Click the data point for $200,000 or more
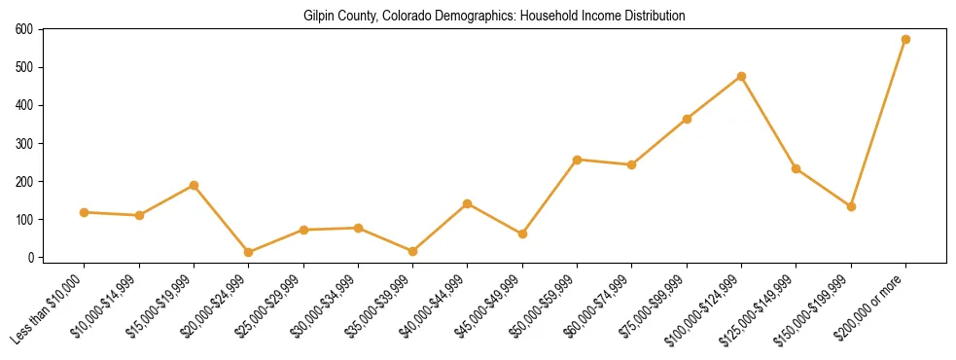tap(905, 40)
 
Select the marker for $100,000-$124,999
tap(741, 76)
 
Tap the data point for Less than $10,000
tap(85, 212)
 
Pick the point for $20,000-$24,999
tap(249, 252)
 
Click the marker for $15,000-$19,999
tap(194, 185)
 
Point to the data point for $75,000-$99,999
tap(687, 119)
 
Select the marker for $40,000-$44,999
tap(468, 203)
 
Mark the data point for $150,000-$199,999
tap(851, 206)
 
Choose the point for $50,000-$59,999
tap(577, 160)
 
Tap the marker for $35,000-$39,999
tap(412, 251)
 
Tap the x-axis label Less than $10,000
tap(49, 309)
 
